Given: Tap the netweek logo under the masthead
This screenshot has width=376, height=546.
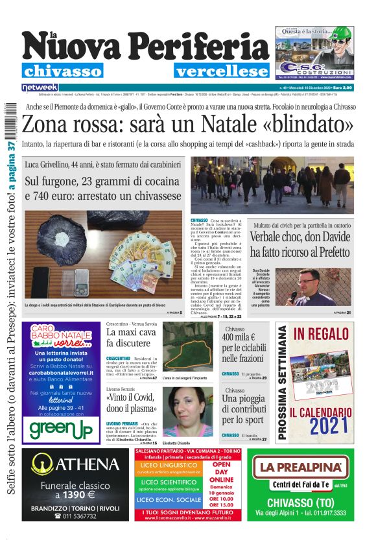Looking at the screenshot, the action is pyautogui.click(x=40, y=87).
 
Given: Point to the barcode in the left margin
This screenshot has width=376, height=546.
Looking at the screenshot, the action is pyautogui.click(x=9, y=121).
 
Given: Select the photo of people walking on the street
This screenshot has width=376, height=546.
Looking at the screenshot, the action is pyautogui.click(x=272, y=185).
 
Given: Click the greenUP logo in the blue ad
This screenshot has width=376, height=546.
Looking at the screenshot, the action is pyautogui.click(x=60, y=428).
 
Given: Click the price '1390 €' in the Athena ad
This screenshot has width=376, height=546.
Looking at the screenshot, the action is pyautogui.click(x=76, y=495).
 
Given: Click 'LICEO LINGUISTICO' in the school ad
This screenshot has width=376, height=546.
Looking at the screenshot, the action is pyautogui.click(x=169, y=465).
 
